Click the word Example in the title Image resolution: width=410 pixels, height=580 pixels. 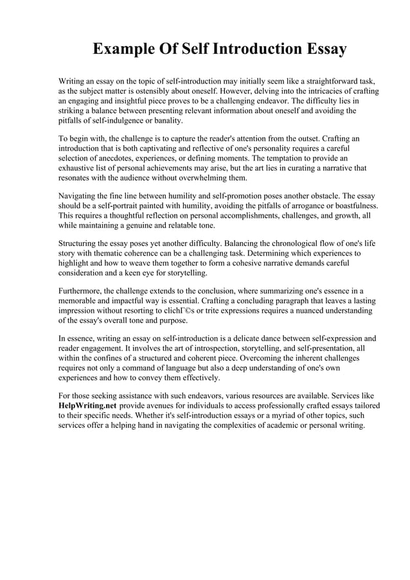click(x=125, y=49)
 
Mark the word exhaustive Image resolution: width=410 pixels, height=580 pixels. click(x=82, y=168)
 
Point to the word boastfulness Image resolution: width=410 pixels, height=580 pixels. click(x=352, y=206)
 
